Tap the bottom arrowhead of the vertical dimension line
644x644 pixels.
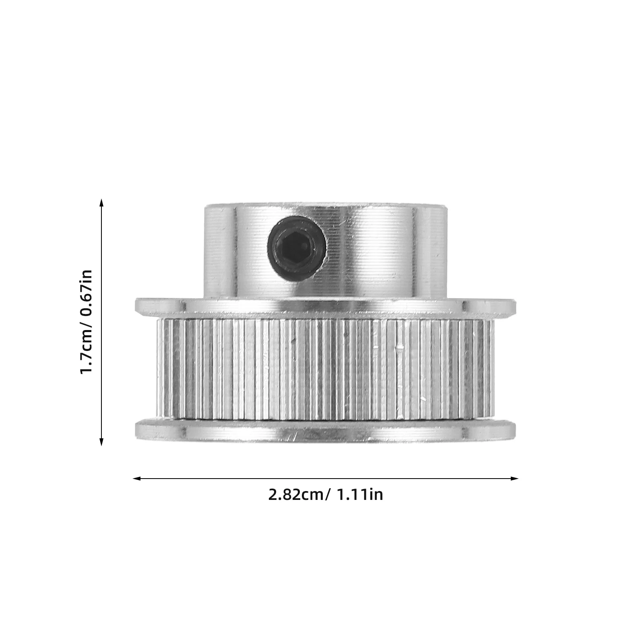click(101, 442)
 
